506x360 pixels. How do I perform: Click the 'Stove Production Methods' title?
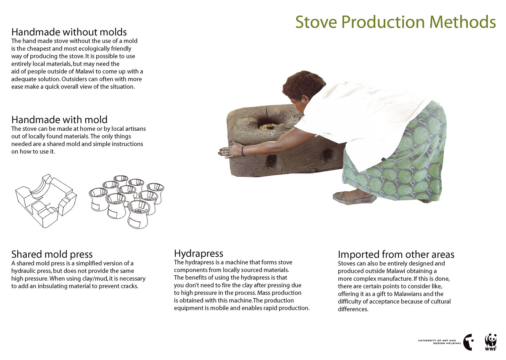tap(395, 22)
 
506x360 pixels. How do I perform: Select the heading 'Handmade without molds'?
tap(69, 32)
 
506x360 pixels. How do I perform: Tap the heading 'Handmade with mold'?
tap(59, 120)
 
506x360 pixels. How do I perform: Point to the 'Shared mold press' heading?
tap(52, 255)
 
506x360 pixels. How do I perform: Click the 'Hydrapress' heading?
tap(199, 254)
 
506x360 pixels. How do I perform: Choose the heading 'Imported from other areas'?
tap(396, 255)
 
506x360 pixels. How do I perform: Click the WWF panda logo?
tap(491, 342)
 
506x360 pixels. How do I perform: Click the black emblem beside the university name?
tap(468, 342)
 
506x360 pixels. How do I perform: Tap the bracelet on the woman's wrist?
tap(243, 150)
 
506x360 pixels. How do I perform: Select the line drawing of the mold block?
tap(46, 201)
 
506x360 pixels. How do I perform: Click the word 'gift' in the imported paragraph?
tap(382, 294)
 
